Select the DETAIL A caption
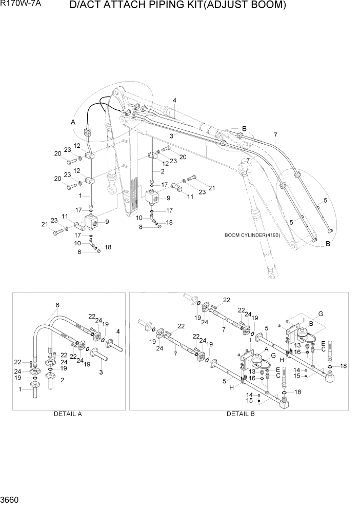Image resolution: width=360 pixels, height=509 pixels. point(68,413)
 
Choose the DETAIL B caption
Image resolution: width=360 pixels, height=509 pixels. point(241,413)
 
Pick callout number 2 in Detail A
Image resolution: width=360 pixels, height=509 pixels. point(63,380)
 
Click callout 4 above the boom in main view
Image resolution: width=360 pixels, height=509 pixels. point(174,100)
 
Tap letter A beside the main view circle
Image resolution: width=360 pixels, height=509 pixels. point(73,122)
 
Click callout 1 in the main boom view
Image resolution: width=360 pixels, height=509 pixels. point(80,195)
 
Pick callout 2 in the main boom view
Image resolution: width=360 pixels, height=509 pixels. point(163,171)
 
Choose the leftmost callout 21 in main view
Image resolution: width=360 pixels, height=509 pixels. point(45,224)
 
